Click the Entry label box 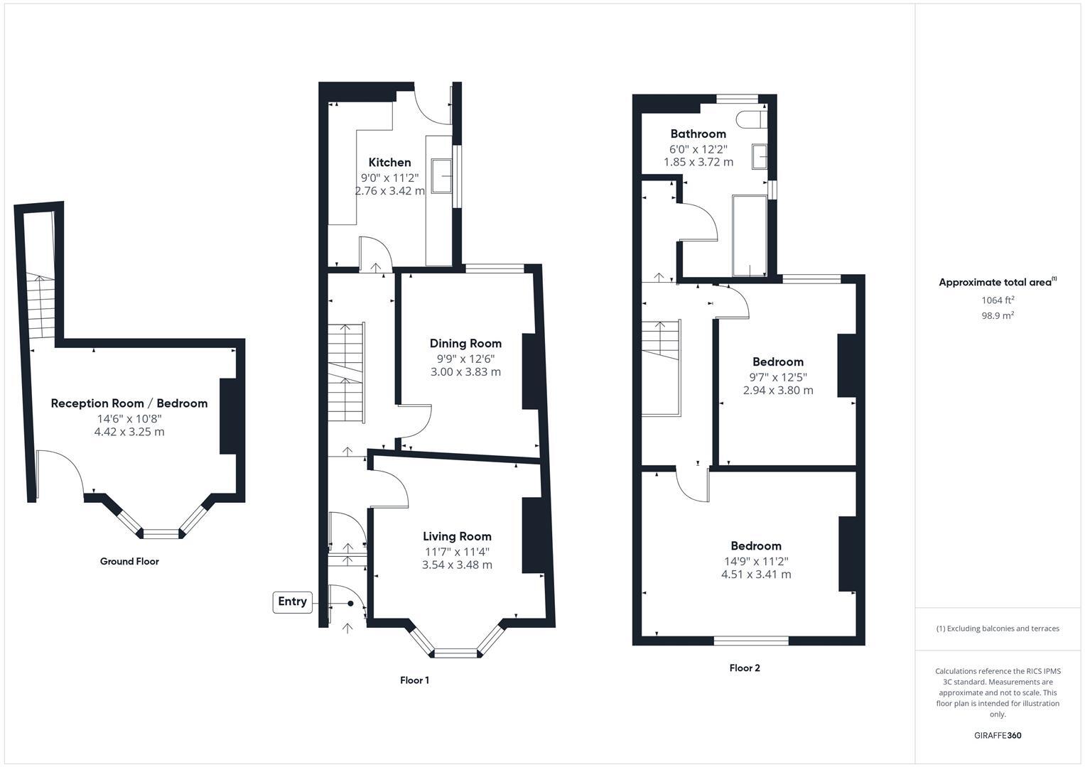292,602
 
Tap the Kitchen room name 389,163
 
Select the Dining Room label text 465,344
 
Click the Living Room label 457,537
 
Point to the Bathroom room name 698,134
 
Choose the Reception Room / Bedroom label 129,403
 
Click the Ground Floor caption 129,562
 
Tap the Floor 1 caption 414,680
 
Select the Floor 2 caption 745,668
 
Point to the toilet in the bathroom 750,119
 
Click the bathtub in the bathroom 750,236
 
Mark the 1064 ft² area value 998,300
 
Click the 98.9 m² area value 998,316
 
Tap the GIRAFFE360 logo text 998,736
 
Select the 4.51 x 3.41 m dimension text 756,575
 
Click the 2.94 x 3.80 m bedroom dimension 778,391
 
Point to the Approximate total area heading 997,283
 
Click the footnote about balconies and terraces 998,629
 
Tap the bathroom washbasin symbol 760,156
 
